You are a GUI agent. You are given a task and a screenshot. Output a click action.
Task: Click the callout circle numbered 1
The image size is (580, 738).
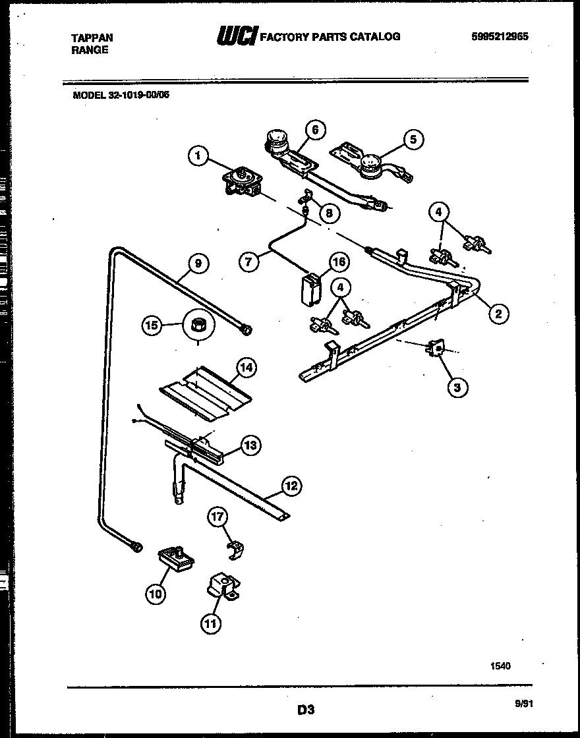(198, 156)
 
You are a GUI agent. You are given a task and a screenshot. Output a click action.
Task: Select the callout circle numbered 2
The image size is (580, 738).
(498, 314)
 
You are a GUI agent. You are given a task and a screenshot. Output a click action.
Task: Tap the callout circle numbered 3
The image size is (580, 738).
(457, 387)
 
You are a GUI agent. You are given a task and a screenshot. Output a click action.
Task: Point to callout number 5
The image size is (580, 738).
(413, 139)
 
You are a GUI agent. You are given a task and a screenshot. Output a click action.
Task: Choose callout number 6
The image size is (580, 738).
(315, 130)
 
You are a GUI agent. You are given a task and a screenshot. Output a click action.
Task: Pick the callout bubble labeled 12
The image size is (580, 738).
(291, 486)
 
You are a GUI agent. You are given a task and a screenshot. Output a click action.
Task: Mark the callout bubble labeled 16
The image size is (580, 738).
(339, 262)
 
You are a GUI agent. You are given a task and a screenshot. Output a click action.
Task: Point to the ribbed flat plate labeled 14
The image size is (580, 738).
(205, 394)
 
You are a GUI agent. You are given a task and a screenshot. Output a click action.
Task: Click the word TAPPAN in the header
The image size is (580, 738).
(92, 38)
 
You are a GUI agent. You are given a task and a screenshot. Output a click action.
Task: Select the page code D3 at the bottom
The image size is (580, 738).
(304, 710)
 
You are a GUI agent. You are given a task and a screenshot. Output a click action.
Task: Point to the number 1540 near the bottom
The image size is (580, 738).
(500, 666)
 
